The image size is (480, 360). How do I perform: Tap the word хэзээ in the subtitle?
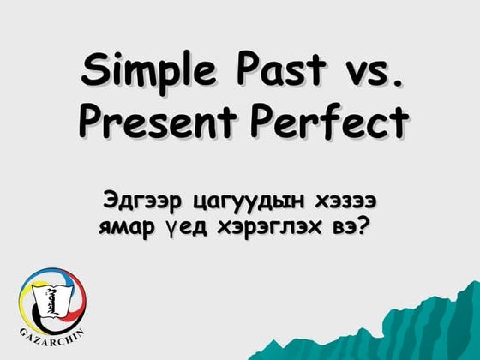click(348, 202)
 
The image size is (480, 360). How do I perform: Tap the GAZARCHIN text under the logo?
click(51, 330)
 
